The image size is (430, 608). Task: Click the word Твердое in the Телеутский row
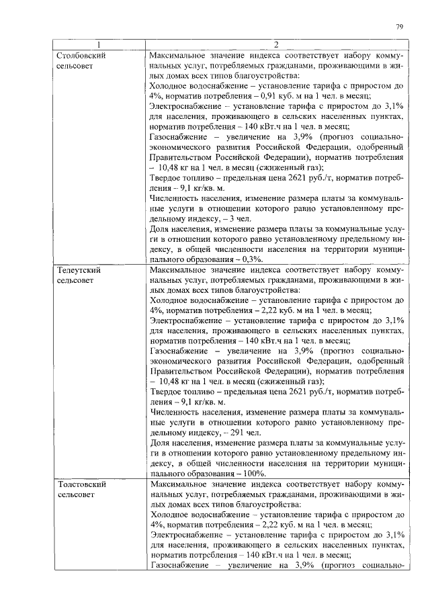click(x=167, y=392)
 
